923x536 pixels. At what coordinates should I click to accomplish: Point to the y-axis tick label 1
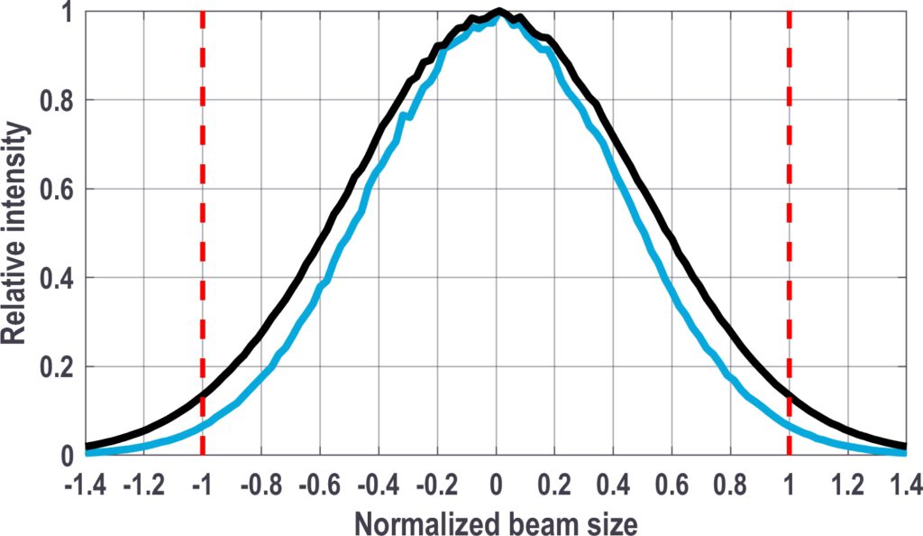(x=69, y=13)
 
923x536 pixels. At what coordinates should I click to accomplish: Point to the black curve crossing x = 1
(x=790, y=394)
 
